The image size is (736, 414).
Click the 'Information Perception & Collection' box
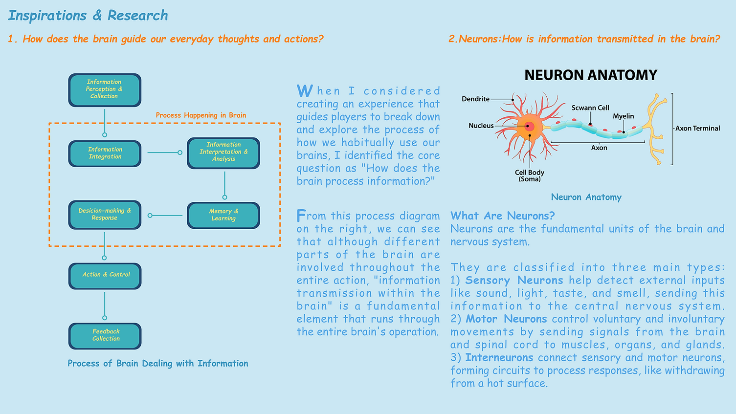pos(105,90)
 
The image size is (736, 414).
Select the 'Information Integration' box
pos(105,153)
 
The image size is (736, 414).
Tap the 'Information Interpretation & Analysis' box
pos(223,153)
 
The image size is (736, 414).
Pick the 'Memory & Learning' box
pos(223,215)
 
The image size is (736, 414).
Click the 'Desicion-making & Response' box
pos(105,215)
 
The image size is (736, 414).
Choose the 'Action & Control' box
pos(105,275)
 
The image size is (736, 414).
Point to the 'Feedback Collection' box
pos(105,335)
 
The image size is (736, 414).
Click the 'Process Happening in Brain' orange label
pos(201,115)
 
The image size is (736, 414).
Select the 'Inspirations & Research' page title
pos(88,16)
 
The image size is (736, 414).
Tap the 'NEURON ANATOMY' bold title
pos(591,75)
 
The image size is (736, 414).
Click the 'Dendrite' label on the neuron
pos(475,99)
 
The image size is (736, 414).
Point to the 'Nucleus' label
pos(481,126)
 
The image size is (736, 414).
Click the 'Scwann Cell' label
pos(590,108)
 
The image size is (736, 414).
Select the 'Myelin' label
pos(623,116)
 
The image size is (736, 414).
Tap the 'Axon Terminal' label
pos(697,129)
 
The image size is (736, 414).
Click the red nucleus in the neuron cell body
pos(529,126)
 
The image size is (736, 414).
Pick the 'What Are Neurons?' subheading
pos(502,216)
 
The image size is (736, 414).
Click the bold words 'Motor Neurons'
pos(506,319)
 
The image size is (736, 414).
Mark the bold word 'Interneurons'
pos(499,358)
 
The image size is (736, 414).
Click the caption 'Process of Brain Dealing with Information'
pos(157,364)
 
